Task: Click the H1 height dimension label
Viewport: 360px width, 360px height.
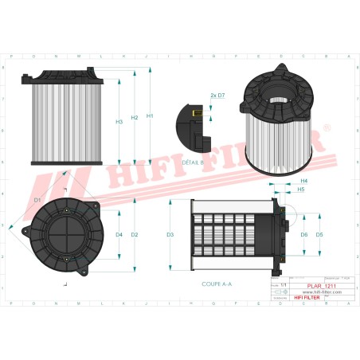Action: pyautogui.click(x=151, y=116)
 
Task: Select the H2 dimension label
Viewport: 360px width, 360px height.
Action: pyautogui.click(x=135, y=116)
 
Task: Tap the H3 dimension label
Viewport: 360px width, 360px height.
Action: pyautogui.click(x=119, y=122)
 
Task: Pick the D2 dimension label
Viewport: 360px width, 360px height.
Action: pyautogui.click(x=135, y=234)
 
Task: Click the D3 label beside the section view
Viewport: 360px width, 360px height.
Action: pyautogui.click(x=170, y=235)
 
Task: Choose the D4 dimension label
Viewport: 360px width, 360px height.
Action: pyautogui.click(x=119, y=234)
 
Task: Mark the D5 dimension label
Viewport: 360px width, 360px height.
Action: pyautogui.click(x=319, y=235)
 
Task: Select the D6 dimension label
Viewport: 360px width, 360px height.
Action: pyautogui.click(x=303, y=235)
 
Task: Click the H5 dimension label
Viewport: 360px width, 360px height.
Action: pyautogui.click(x=300, y=190)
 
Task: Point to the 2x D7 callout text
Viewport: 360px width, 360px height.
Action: pyautogui.click(x=217, y=95)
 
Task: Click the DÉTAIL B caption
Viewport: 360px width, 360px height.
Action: pyautogui.click(x=193, y=161)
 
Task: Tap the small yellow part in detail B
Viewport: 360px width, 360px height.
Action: pyautogui.click(x=194, y=114)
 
